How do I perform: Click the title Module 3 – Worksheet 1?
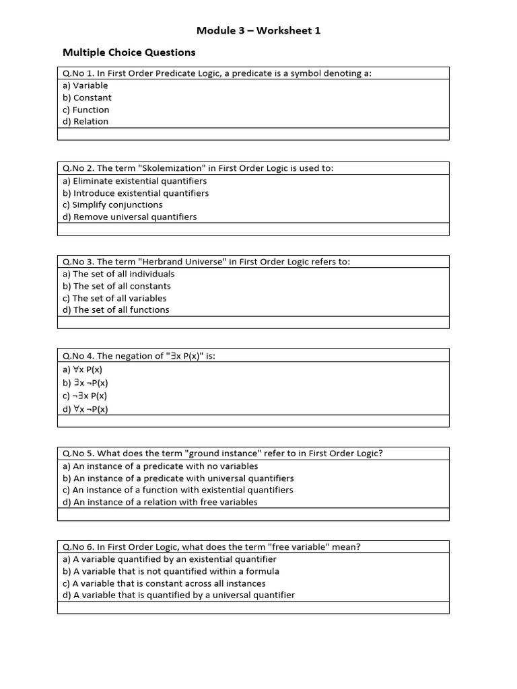pos(253,30)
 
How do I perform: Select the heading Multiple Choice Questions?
pos(129,52)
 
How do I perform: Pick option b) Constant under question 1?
pos(87,98)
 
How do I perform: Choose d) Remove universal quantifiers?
pos(129,217)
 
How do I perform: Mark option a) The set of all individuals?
pos(118,274)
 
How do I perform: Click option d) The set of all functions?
pos(116,310)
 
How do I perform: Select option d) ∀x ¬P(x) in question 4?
pos(85,409)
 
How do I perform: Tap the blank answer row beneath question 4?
pos(253,421)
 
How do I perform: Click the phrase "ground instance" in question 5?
pos(229,454)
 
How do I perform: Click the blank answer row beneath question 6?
pos(253,608)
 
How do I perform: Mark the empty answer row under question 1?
pos(253,134)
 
